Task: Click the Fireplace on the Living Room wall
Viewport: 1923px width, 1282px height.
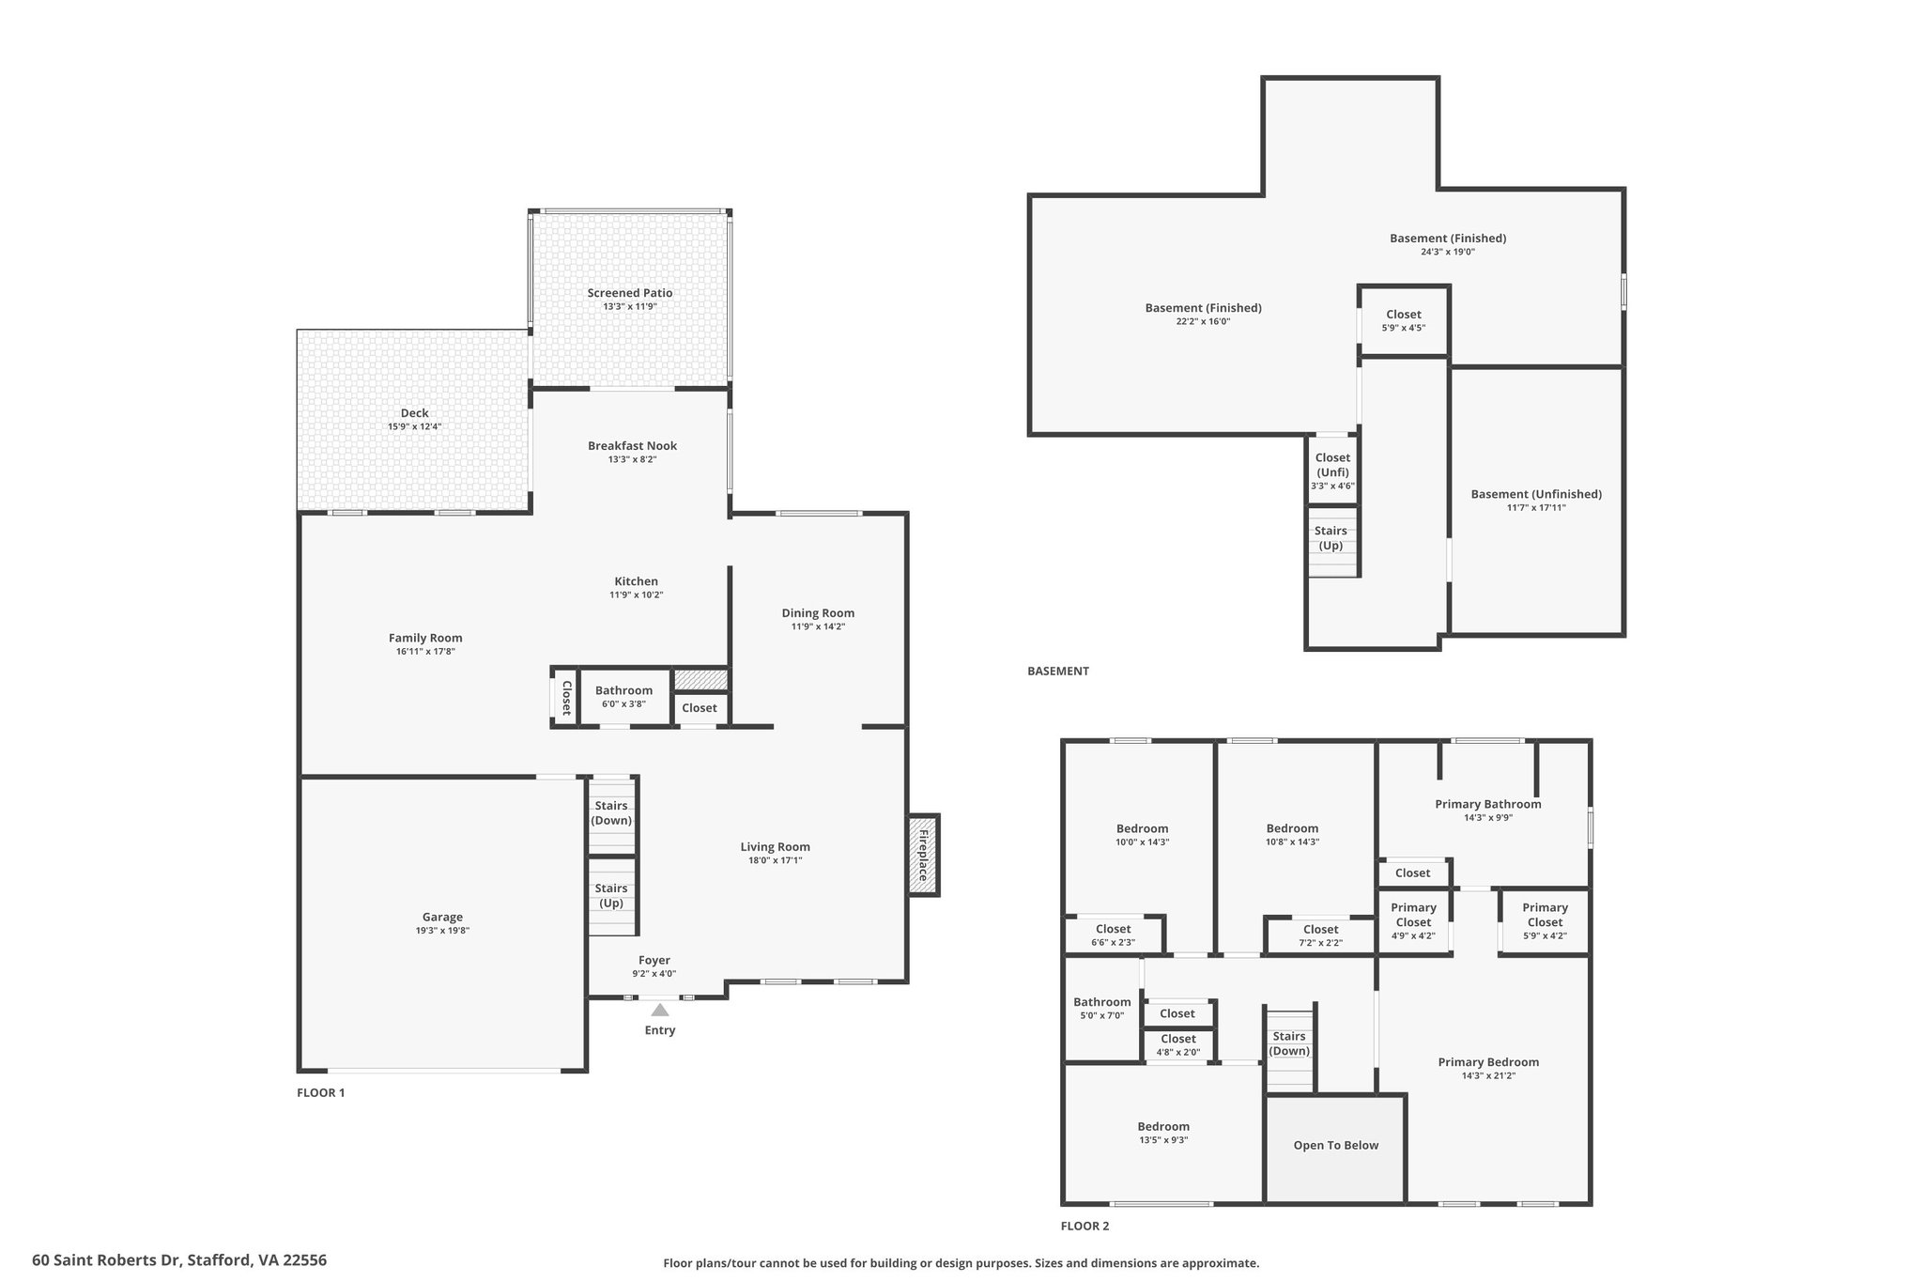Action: (x=923, y=855)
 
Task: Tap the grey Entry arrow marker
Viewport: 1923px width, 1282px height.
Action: (x=660, y=1010)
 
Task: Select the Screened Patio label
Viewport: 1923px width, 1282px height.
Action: (x=630, y=293)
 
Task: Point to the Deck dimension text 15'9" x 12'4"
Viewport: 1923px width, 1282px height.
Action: (x=414, y=426)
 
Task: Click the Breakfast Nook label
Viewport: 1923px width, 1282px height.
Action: (x=632, y=446)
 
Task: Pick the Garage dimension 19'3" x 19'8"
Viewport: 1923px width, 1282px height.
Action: (x=442, y=931)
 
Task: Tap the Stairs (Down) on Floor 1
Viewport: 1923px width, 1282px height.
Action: (x=611, y=813)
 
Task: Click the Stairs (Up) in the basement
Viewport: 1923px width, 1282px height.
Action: (x=1331, y=539)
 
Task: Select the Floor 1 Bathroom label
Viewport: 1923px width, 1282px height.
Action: (x=623, y=690)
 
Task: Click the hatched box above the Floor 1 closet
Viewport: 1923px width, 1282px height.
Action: (x=700, y=679)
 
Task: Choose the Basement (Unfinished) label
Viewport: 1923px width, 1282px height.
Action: (x=1536, y=494)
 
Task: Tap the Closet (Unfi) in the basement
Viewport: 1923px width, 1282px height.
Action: (x=1332, y=470)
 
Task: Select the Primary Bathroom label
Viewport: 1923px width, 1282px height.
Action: (x=1488, y=804)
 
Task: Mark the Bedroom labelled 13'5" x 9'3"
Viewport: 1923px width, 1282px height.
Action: (x=1163, y=1132)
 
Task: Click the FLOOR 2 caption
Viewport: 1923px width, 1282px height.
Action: (x=1085, y=1226)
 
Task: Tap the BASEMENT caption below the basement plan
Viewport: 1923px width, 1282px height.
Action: (x=1058, y=672)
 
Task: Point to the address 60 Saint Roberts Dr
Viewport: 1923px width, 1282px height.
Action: (x=108, y=1260)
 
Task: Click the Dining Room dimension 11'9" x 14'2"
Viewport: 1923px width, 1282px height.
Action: (x=818, y=626)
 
